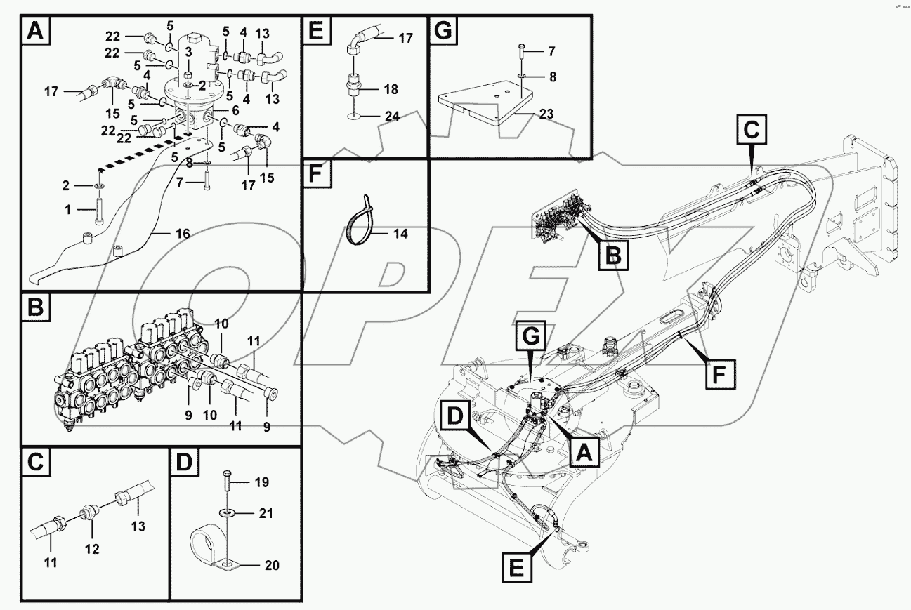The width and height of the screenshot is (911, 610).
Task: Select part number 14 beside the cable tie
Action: [400, 234]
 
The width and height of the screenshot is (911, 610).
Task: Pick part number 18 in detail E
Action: [391, 89]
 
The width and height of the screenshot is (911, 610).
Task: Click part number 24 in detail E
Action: [392, 117]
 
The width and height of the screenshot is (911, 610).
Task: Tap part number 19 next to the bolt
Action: [261, 482]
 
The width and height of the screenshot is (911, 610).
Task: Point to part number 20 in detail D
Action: [270, 565]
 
